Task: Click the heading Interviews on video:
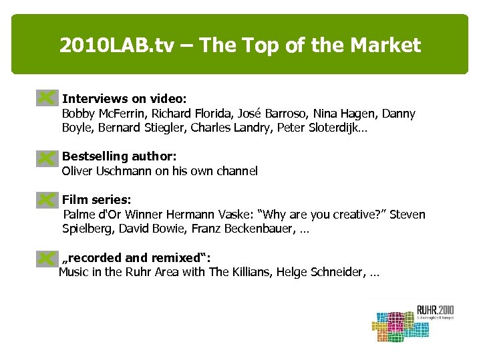pyautogui.click(x=119, y=98)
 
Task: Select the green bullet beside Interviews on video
pyautogui.click(x=46, y=98)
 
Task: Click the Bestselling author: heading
pyautogui.click(x=119, y=156)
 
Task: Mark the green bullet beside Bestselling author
pyautogui.click(x=46, y=158)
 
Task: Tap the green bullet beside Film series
pyautogui.click(x=46, y=199)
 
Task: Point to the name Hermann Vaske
pyautogui.click(x=218, y=215)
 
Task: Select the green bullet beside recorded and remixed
pyautogui.click(x=46, y=257)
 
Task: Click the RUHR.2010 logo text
pyautogui.click(x=435, y=310)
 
